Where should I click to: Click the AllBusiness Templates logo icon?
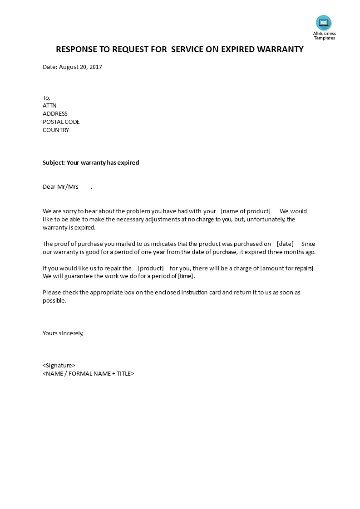324,23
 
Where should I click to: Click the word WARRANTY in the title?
280,49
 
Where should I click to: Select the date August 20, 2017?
80,67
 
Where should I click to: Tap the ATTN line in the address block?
49,106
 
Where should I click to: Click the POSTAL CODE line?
61,122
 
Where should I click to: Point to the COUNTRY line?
56,130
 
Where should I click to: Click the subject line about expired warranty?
91,162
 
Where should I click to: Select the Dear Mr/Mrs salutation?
61,186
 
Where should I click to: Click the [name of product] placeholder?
245,211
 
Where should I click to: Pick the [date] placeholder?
285,244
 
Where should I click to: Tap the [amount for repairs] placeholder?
286,268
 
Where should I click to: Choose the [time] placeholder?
186,276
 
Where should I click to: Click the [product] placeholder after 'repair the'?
151,268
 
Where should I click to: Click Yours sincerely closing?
63,333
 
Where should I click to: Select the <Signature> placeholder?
59,366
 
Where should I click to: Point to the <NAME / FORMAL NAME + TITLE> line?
89,374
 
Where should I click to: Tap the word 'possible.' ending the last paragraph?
54,301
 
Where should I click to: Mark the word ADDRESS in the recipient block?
55,114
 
